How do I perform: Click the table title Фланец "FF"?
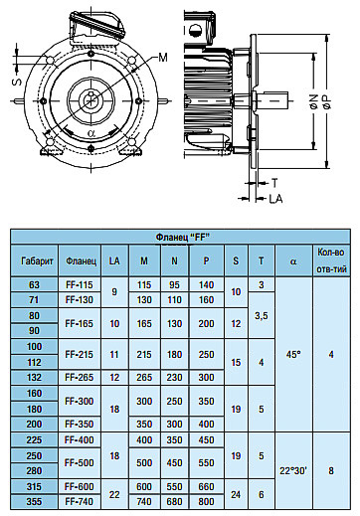(x=183, y=237)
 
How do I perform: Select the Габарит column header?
(x=37, y=261)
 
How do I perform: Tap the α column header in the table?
(x=293, y=261)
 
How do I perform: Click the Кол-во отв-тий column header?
(x=331, y=260)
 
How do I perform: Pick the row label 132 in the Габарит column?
(x=34, y=377)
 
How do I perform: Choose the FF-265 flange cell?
(x=80, y=377)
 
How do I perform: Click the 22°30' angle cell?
(x=293, y=470)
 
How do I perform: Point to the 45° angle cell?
(x=293, y=355)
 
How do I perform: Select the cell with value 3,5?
(x=262, y=316)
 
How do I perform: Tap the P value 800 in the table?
(x=206, y=501)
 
